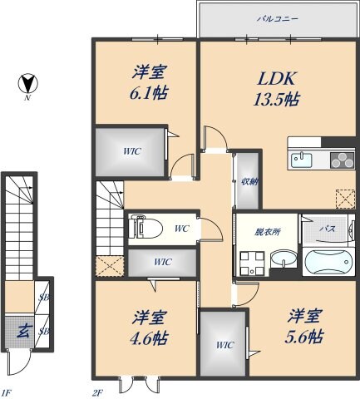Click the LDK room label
[x=275, y=81]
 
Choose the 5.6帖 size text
[x=305, y=337]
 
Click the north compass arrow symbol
[x=28, y=85]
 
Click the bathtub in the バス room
[x=328, y=264]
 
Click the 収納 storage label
[x=247, y=182]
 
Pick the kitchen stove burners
[x=341, y=160]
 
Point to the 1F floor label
[x=7, y=391]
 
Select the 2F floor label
[x=96, y=391]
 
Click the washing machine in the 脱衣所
[x=251, y=264]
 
